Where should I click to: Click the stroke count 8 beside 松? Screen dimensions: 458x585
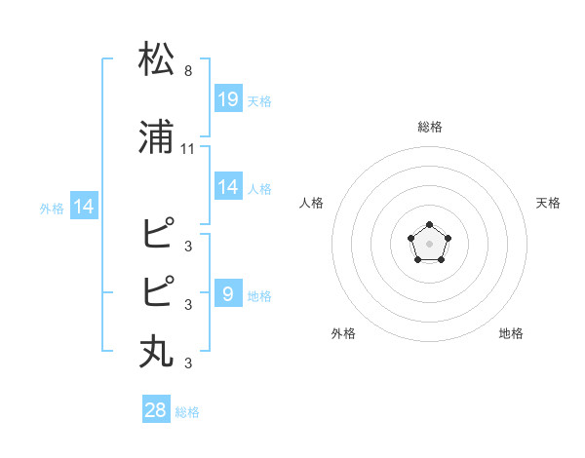pos(188,70)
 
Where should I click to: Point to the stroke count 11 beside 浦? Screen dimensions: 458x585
pos(188,149)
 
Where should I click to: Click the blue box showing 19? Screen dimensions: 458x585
pos(228,98)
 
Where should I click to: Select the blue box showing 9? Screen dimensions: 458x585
pos(228,293)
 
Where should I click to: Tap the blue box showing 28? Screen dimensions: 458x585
pos(156,410)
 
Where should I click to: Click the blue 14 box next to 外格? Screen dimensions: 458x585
pos(83,207)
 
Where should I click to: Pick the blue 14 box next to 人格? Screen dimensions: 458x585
pos(228,187)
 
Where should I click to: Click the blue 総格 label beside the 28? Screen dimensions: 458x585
pos(187,413)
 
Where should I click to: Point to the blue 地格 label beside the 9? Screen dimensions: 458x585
pos(259,296)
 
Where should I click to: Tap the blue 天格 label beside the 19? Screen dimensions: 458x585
pos(259,101)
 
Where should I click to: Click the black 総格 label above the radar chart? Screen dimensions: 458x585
pos(429,127)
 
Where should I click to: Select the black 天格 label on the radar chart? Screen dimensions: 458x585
pos(548,203)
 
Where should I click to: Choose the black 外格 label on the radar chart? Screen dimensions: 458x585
pos(343,333)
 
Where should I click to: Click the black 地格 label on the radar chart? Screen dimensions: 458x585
pos(511,333)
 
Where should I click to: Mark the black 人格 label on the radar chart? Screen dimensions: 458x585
pos(312,203)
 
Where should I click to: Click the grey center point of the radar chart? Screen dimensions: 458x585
pos(429,243)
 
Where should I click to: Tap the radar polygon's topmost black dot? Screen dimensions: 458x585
pos(429,225)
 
